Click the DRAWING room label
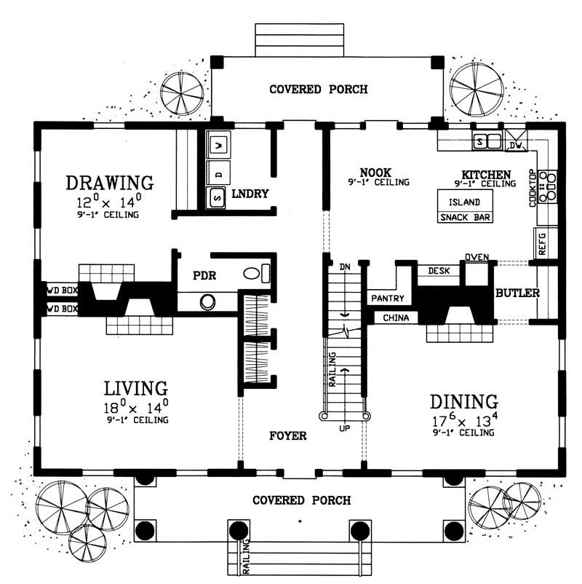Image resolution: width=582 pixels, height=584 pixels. pos(109,181)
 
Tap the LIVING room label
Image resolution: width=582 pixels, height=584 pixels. pos(135,387)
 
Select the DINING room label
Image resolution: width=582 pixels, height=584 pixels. pos(463,401)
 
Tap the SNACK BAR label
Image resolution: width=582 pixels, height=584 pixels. pos(464,217)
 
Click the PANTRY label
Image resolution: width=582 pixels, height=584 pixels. pos(388,299)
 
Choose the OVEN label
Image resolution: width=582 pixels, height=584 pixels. pos(477,257)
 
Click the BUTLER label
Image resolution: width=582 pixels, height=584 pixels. pos(517,293)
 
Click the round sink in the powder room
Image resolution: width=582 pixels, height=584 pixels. pos(207,301)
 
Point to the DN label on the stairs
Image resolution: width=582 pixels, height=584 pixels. pos(345,267)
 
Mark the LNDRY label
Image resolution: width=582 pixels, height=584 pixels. pos(250,194)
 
